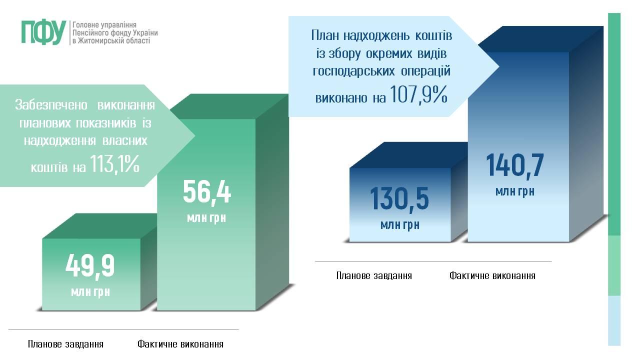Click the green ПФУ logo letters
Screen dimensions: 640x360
(x=43, y=33)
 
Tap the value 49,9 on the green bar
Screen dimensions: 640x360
(x=90, y=266)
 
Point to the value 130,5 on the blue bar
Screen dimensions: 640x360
(x=399, y=199)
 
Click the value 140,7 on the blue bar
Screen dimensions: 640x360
(x=515, y=165)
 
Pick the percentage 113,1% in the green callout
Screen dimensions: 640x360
(x=115, y=164)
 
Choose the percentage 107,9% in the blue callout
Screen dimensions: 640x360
(x=418, y=94)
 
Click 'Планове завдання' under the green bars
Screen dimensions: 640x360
(x=65, y=344)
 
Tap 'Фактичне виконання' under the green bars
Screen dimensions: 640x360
(x=180, y=344)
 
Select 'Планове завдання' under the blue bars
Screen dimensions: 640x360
(x=374, y=275)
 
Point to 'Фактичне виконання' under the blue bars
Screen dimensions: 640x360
(x=492, y=275)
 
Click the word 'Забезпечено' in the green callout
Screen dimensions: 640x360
(x=51, y=105)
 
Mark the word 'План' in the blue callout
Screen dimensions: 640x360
(x=325, y=35)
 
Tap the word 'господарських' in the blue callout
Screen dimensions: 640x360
(x=354, y=71)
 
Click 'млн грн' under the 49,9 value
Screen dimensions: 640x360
(x=90, y=292)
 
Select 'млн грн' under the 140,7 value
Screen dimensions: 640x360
(x=515, y=191)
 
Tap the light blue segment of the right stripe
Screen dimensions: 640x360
(x=614, y=320)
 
